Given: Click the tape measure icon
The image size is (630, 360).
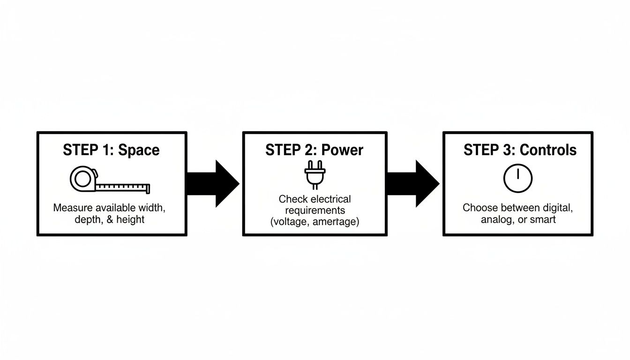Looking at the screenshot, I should (110, 181).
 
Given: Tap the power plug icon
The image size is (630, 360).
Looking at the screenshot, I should (314, 175).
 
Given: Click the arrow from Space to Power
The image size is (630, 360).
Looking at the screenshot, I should (213, 183).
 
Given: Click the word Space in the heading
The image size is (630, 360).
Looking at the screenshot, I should (139, 150).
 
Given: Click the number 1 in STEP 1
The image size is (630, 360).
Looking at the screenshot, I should (109, 150).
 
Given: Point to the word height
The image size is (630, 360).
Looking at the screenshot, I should (130, 219).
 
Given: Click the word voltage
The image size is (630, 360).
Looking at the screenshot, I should (290, 222).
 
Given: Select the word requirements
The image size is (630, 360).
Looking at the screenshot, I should (315, 210).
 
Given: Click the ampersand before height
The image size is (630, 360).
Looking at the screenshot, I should (110, 219).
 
